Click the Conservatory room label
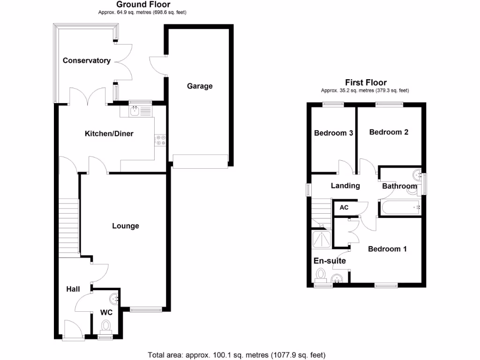[x=87, y=60]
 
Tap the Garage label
[x=200, y=86]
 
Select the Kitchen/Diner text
[x=109, y=134]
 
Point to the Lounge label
[x=126, y=226]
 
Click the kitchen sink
[x=135, y=111]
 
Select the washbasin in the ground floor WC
[x=115, y=298]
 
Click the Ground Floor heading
[x=143, y=5]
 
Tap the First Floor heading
[x=366, y=82]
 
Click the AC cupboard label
[x=344, y=207]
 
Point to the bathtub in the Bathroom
[x=400, y=206]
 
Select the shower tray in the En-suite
[x=321, y=239]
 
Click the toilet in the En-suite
[x=321, y=274]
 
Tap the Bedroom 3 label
[x=333, y=133]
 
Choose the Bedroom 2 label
[x=389, y=132]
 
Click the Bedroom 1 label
[x=387, y=249]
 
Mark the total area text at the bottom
[x=236, y=355]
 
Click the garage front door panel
[x=200, y=162]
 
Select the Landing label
[x=345, y=186]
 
